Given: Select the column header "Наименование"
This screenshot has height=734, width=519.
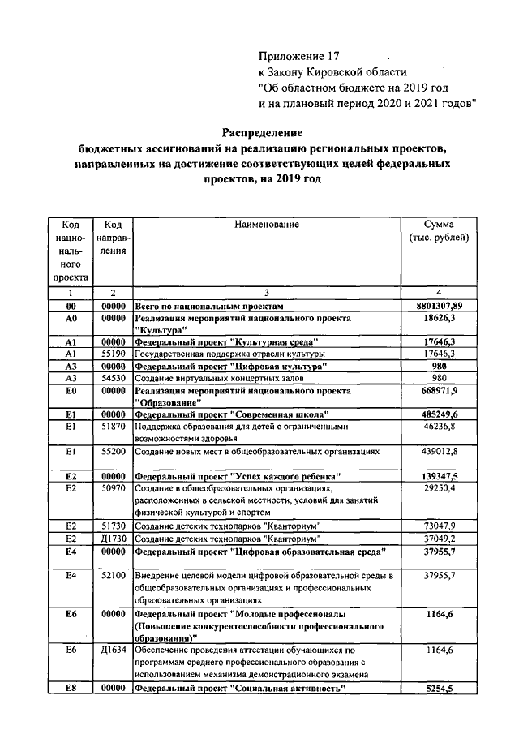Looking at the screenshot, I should pyautogui.click(x=268, y=224).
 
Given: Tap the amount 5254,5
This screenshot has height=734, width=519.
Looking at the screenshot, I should pyautogui.click(x=439, y=689).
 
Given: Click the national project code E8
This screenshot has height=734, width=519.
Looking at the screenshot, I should pyautogui.click(x=71, y=689).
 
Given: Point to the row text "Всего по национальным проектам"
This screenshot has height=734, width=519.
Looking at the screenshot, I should pyautogui.click(x=209, y=307).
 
